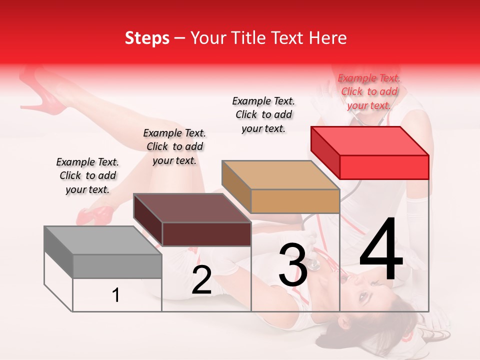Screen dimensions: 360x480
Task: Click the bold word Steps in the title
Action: click(x=146, y=38)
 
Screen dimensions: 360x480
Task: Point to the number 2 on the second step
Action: click(x=201, y=280)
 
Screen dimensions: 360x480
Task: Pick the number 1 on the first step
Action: click(x=116, y=295)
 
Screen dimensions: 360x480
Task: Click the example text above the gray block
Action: click(x=87, y=175)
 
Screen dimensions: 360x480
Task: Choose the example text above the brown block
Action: click(x=174, y=146)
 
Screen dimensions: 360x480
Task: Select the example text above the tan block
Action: click(x=263, y=114)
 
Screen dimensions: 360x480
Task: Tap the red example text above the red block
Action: click(x=369, y=91)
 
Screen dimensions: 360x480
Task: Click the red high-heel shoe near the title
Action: click(x=48, y=95)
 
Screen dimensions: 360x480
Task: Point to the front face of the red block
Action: click(x=384, y=167)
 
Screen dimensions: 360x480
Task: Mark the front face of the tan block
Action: click(x=295, y=201)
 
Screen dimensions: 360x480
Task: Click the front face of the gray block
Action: click(x=117, y=266)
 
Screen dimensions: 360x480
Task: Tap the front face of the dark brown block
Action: click(x=206, y=234)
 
